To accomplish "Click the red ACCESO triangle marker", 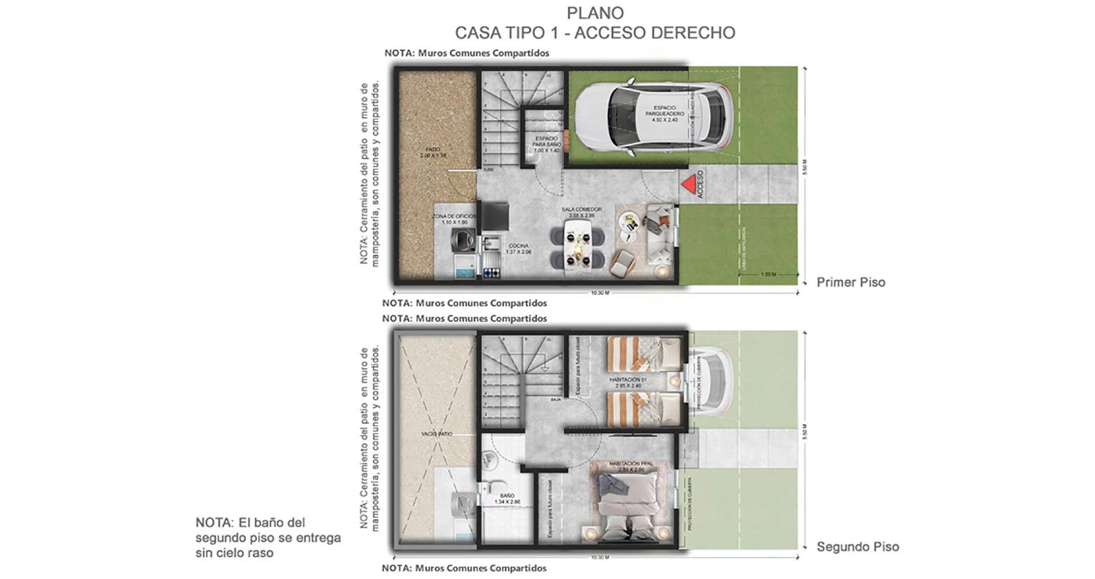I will (x=689, y=184).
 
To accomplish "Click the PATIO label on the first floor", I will (x=433, y=152).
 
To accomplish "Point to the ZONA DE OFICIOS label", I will (x=454, y=219).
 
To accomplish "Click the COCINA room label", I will (x=519, y=248).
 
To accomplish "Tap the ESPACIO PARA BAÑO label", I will (x=547, y=144).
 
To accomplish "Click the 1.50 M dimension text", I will (x=768, y=275).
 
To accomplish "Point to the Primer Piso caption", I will (x=850, y=282).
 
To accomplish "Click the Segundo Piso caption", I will (x=857, y=547).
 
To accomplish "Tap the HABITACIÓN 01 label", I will (x=628, y=382).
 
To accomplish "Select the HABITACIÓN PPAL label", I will (x=631, y=465).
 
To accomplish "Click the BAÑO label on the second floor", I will (x=507, y=498).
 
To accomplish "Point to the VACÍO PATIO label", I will (x=436, y=434).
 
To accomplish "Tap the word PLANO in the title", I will (x=595, y=13).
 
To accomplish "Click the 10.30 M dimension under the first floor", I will (x=599, y=293).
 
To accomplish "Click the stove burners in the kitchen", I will (x=492, y=273).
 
